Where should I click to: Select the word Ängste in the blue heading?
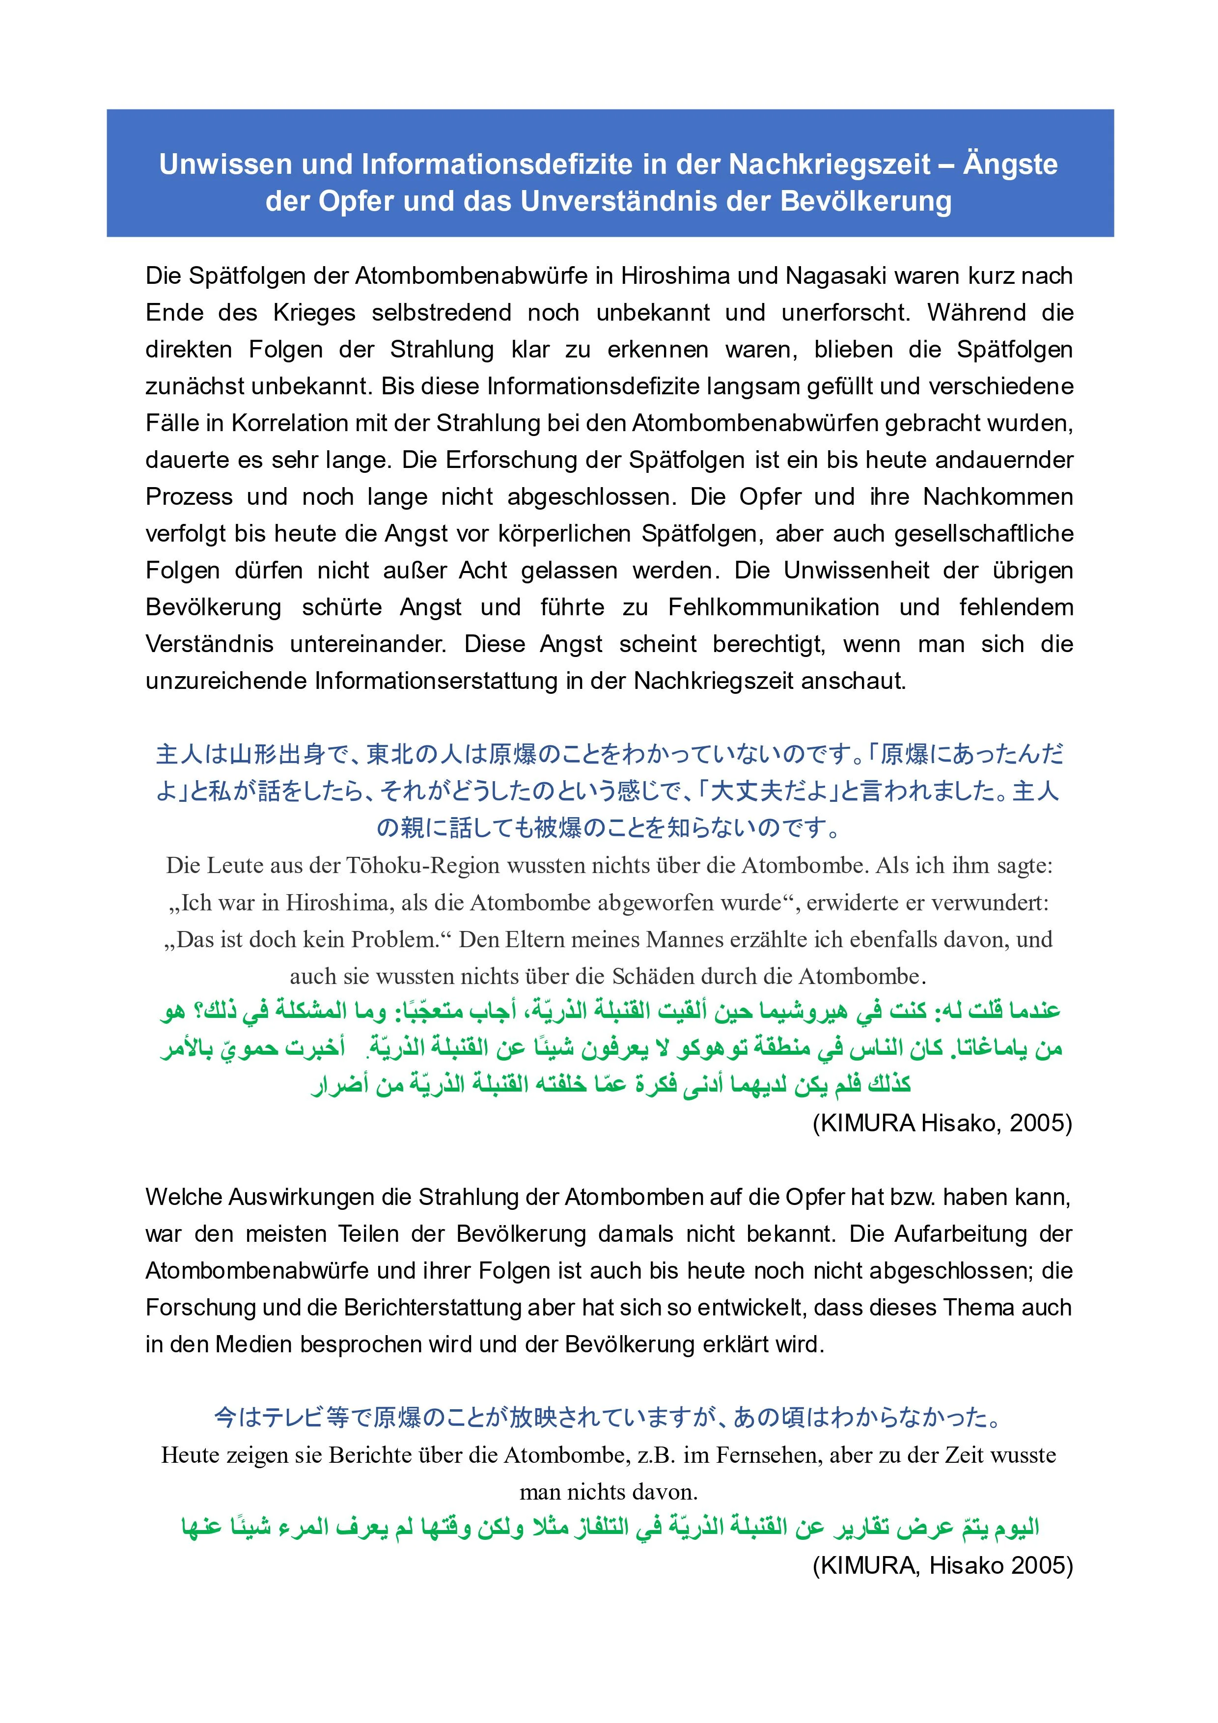coord(1010,164)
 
